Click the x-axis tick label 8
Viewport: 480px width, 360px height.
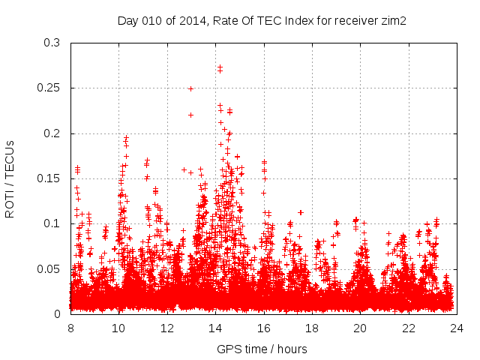click(x=70, y=328)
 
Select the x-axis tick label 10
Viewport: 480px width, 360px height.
click(x=118, y=328)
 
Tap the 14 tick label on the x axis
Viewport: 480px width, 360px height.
click(x=215, y=328)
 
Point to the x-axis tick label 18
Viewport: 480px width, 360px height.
click(x=312, y=328)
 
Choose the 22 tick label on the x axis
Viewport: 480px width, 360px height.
click(x=409, y=328)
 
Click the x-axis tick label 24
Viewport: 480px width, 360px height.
click(x=457, y=328)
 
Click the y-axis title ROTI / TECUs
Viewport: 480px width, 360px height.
click(x=10, y=178)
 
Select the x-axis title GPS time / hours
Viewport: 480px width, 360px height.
click(x=262, y=349)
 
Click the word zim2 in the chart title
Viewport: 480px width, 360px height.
click(x=393, y=20)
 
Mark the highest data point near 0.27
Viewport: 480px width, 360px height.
click(x=220, y=67)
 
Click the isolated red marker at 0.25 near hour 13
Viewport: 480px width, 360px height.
click(x=190, y=88)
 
